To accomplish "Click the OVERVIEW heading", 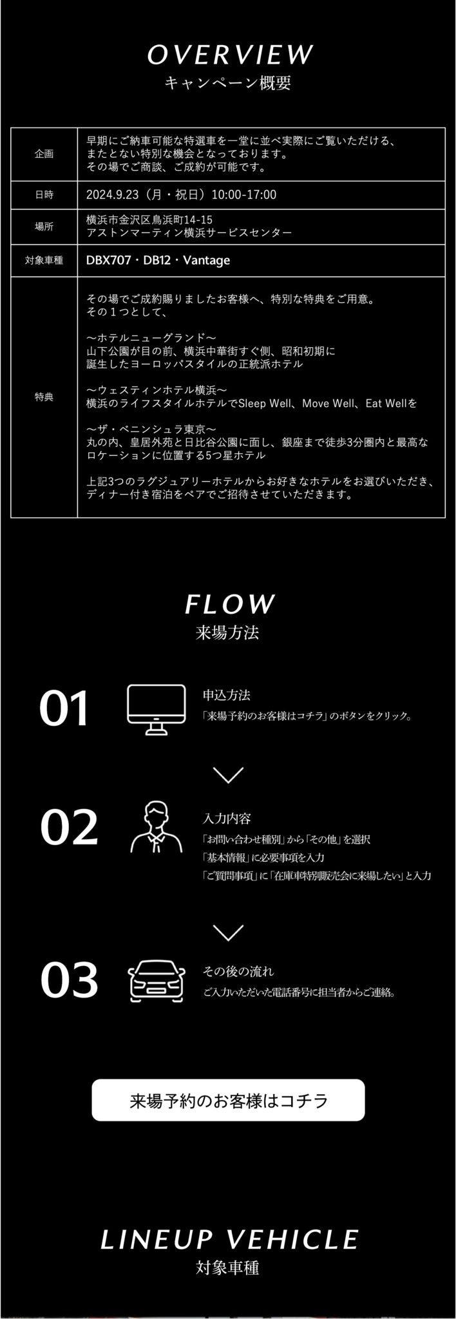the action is [x=229, y=55].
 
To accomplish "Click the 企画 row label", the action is [x=44, y=155].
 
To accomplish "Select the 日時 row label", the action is [x=44, y=195].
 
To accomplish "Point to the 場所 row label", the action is [x=44, y=227].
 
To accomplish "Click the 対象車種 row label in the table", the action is [x=44, y=261].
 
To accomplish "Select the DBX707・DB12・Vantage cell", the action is [x=158, y=260].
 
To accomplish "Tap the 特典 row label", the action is [x=44, y=397].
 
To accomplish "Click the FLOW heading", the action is [x=229, y=604].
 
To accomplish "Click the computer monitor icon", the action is [x=156, y=709].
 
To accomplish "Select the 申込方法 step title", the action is [x=227, y=695].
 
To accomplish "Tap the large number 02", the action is [x=69, y=828].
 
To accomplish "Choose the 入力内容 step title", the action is [x=227, y=819].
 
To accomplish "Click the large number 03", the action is [x=69, y=980].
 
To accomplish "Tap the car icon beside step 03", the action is [x=157, y=981].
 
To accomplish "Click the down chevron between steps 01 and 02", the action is [x=228, y=775].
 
